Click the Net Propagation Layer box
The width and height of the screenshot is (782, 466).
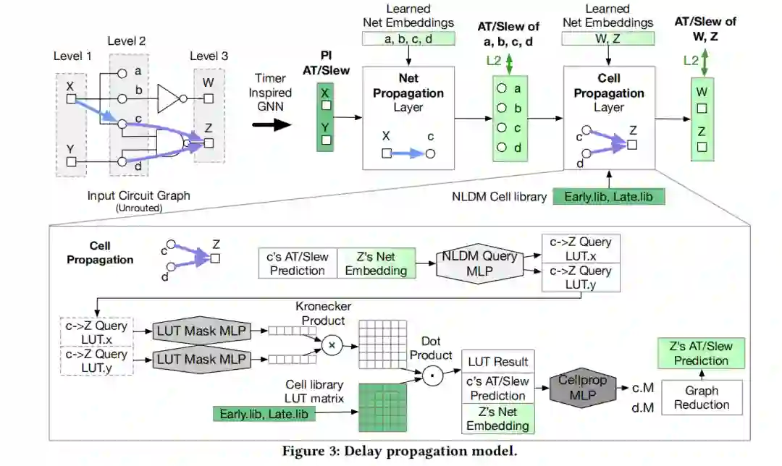408,117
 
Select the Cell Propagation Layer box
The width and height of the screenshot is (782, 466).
609,117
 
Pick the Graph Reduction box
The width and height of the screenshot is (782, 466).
701,397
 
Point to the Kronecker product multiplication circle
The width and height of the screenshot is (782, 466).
332,346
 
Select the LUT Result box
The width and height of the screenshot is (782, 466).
498,361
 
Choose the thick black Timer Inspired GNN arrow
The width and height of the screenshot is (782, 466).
272,124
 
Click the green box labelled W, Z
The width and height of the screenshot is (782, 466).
609,38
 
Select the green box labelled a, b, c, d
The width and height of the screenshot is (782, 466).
408,38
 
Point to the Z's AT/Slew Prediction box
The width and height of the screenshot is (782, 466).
701,353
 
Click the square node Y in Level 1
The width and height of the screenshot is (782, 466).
71,161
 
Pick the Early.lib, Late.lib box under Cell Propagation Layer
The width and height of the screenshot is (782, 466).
607,195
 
